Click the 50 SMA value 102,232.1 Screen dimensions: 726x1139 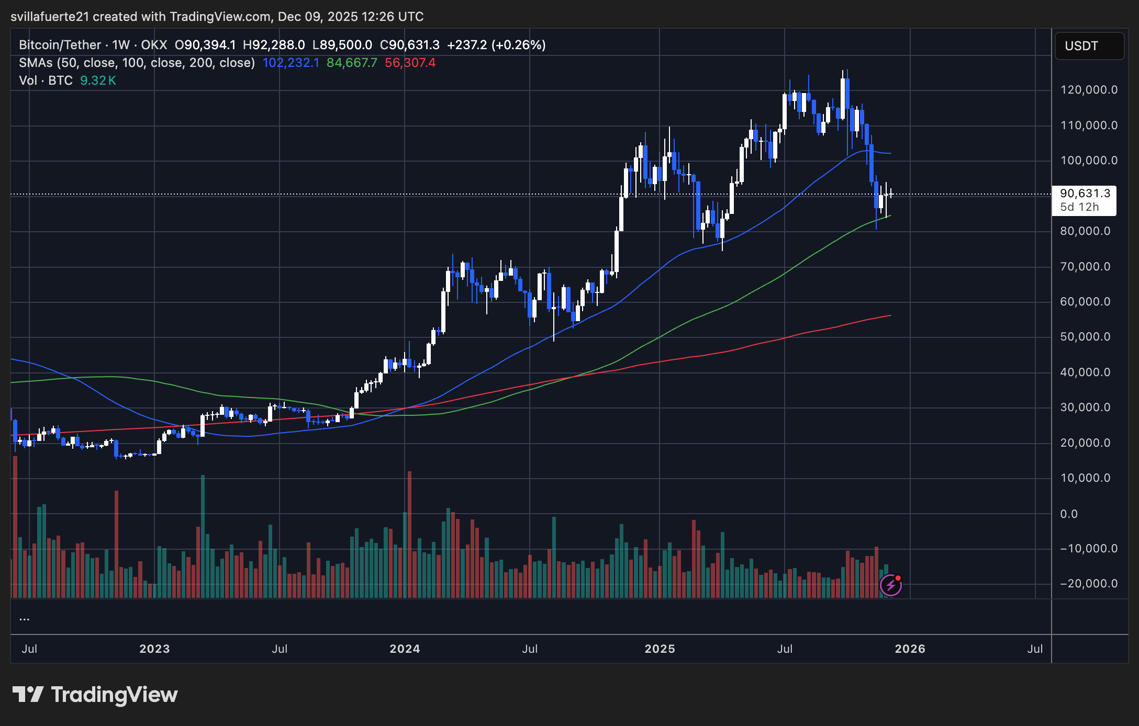point(291,63)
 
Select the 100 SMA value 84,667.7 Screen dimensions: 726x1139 point(352,63)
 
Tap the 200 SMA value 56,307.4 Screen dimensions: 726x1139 point(410,63)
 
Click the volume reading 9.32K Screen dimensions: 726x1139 point(98,81)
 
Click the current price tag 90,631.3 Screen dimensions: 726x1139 point(1085,194)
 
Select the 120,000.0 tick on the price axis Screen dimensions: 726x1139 point(1089,90)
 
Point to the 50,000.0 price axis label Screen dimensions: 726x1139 point(1085,337)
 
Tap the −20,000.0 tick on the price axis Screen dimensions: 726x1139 point(1089,584)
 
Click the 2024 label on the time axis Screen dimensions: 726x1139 point(405,649)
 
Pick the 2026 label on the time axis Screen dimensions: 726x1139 point(910,649)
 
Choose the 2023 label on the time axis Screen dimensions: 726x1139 point(154,649)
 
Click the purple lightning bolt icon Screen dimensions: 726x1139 point(890,585)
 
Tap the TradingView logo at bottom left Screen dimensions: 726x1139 point(95,695)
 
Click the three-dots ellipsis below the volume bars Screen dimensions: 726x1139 point(24,619)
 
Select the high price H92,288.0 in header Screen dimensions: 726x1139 point(274,45)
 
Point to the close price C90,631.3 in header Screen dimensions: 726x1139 point(409,45)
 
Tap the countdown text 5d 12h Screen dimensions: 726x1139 point(1079,207)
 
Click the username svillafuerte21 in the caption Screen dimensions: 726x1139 point(50,17)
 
